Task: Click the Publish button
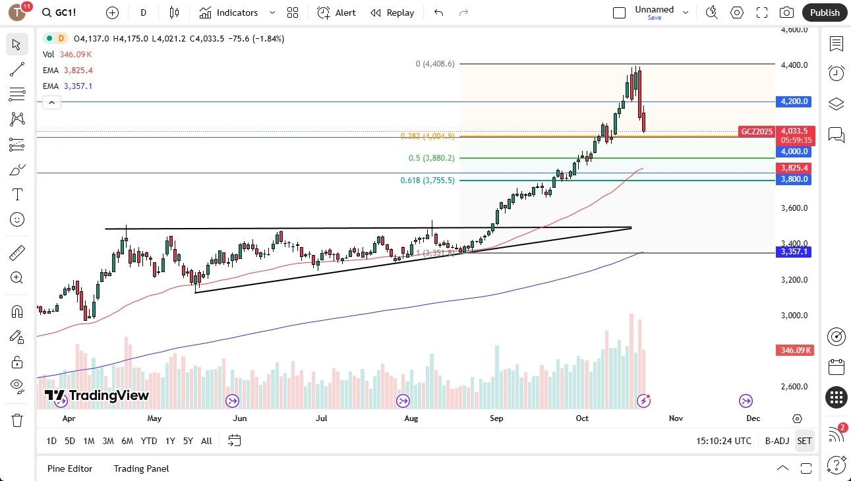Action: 824,13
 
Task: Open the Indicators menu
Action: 229,13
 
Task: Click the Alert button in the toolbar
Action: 336,13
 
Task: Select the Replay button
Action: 392,13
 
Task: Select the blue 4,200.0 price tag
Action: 794,101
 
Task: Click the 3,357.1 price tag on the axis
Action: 794,252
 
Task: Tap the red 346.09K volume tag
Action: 794,350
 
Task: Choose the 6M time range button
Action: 127,441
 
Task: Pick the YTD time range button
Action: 149,441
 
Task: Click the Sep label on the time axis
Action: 496,418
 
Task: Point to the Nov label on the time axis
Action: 676,418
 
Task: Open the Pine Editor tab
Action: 70,468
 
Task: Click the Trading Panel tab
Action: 141,468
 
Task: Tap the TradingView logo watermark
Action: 97,395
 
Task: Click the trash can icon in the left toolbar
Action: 17,420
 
